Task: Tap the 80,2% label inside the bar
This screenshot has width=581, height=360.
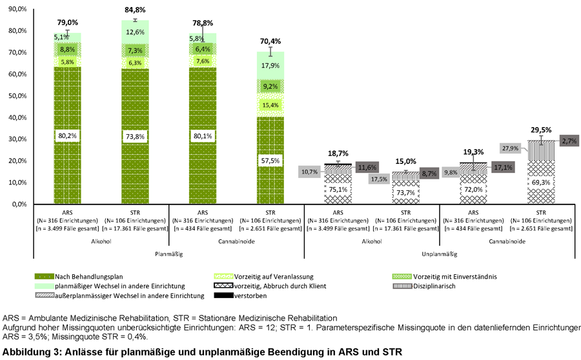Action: tap(68, 135)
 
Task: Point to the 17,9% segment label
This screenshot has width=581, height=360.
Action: tap(270, 65)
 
